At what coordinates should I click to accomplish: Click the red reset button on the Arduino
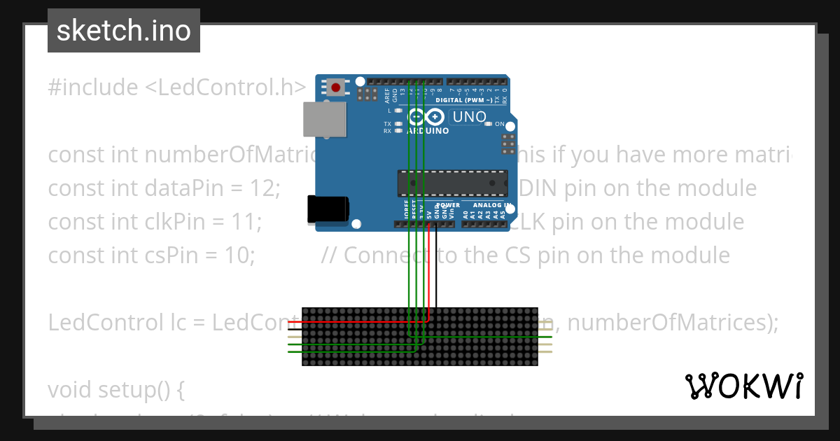tap(336, 87)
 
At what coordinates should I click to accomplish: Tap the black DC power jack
tap(328, 209)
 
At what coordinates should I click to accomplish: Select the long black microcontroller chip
tap(453, 182)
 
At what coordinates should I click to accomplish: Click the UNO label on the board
tap(469, 117)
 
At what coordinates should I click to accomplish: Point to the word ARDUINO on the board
tap(427, 131)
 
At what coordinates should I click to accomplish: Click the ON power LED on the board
tap(489, 124)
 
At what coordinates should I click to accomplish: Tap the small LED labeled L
tap(398, 111)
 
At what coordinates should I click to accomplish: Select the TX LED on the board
tap(398, 124)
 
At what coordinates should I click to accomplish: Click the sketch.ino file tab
tap(124, 31)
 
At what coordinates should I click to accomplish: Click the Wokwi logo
tap(743, 386)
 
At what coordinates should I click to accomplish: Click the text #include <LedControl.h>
tap(176, 87)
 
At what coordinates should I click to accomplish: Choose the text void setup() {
tap(115, 389)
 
